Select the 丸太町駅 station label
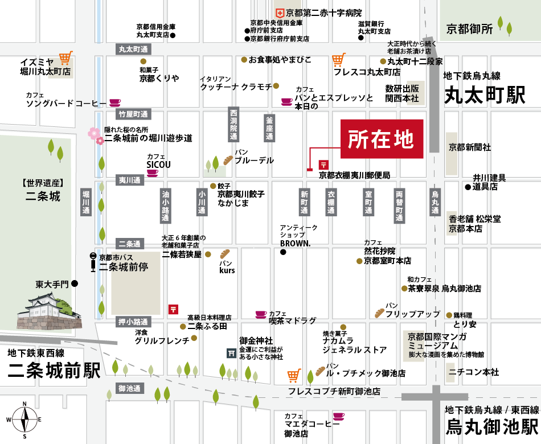485,94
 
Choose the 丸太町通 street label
133,50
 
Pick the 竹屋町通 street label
133,114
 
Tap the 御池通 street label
130,388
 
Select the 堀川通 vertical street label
86,202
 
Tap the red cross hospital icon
280,12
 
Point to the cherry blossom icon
95,134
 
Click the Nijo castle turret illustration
48,311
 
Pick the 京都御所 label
469,28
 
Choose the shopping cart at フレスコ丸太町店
339,59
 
